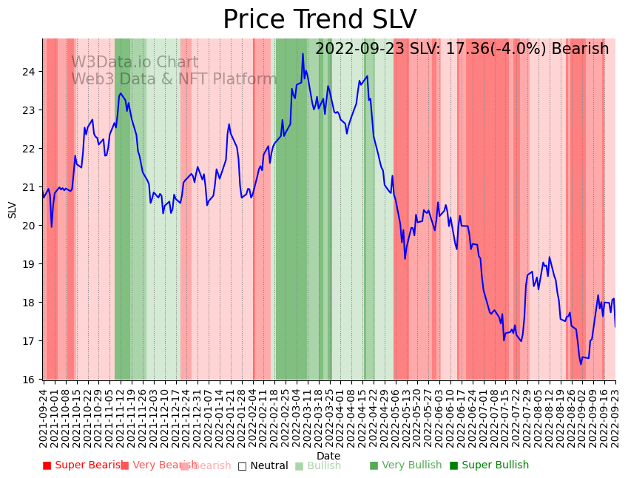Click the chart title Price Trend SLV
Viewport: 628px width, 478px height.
[320, 20]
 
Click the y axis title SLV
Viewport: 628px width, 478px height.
[12, 209]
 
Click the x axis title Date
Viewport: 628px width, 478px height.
[328, 456]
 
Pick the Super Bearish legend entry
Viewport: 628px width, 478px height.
[83, 465]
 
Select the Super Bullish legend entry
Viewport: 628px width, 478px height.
[489, 465]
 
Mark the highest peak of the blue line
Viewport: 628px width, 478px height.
[303, 53]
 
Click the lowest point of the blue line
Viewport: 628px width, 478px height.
[581, 364]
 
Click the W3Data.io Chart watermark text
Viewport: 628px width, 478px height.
[135, 63]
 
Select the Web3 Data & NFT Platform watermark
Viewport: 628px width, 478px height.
[174, 79]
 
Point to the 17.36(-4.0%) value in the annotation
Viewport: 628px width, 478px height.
[491, 49]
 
